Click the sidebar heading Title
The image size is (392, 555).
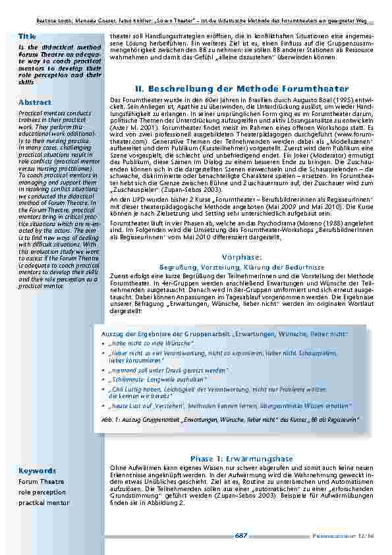(x=28, y=36)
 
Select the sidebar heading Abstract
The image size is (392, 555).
(x=35, y=102)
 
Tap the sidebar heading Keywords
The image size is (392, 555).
(x=38, y=471)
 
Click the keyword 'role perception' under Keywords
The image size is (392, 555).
(x=43, y=492)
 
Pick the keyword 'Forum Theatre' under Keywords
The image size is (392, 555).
(x=41, y=481)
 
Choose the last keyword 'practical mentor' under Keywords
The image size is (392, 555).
(x=43, y=503)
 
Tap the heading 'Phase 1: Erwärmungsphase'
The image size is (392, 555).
(x=241, y=458)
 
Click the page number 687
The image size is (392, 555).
(x=240, y=536)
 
